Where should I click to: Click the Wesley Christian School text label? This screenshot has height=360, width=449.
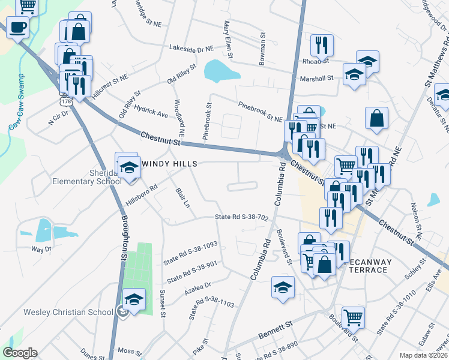68,311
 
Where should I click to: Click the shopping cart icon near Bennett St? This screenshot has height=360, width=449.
353,316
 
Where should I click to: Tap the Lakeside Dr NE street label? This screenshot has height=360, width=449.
191,48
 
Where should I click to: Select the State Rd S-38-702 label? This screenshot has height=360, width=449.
241,217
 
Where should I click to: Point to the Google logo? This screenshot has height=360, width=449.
20,353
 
